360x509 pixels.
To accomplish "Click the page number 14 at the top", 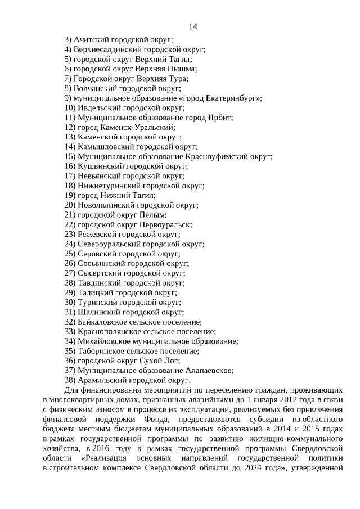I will point(192,26).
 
